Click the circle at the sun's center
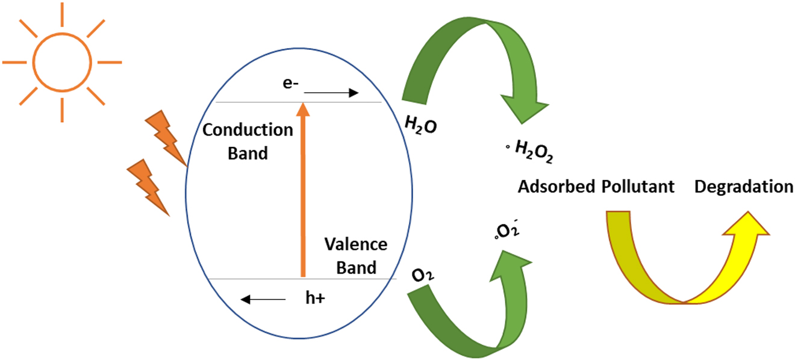pyautogui.click(x=61, y=61)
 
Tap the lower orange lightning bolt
pyautogui.click(x=147, y=187)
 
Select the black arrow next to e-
pyautogui.click(x=331, y=93)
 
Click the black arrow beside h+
pyautogui.click(x=263, y=299)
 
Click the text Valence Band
pyautogui.click(x=355, y=255)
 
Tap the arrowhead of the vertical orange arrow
pyautogui.click(x=304, y=109)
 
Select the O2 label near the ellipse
pyautogui.click(x=424, y=275)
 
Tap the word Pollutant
pyautogui.click(x=638, y=187)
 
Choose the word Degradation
pyautogui.click(x=743, y=187)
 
